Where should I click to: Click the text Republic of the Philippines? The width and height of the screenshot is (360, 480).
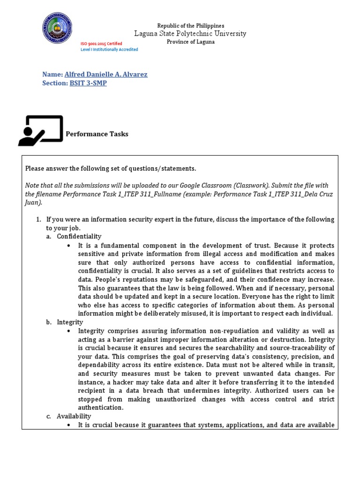click(190, 25)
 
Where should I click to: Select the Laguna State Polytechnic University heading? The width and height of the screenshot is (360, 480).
click(190, 34)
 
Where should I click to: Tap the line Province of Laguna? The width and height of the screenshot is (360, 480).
click(191, 42)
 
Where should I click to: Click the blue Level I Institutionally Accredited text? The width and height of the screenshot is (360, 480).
click(109, 50)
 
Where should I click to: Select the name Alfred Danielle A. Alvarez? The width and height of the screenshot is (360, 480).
click(105, 75)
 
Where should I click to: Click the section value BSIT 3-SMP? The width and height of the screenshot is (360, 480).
click(88, 83)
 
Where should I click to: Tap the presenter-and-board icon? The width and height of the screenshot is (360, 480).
click(40, 130)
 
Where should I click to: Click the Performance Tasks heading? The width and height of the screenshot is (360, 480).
click(97, 134)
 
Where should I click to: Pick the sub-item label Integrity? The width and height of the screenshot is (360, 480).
click(70, 322)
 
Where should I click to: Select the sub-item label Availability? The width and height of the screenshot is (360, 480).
click(74, 416)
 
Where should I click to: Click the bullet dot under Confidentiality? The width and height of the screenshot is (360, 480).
click(69, 246)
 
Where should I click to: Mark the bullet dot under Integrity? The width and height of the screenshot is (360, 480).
click(69, 331)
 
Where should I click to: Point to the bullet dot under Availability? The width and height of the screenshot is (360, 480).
click(69, 425)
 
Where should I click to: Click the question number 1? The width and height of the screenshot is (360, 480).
click(38, 219)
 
